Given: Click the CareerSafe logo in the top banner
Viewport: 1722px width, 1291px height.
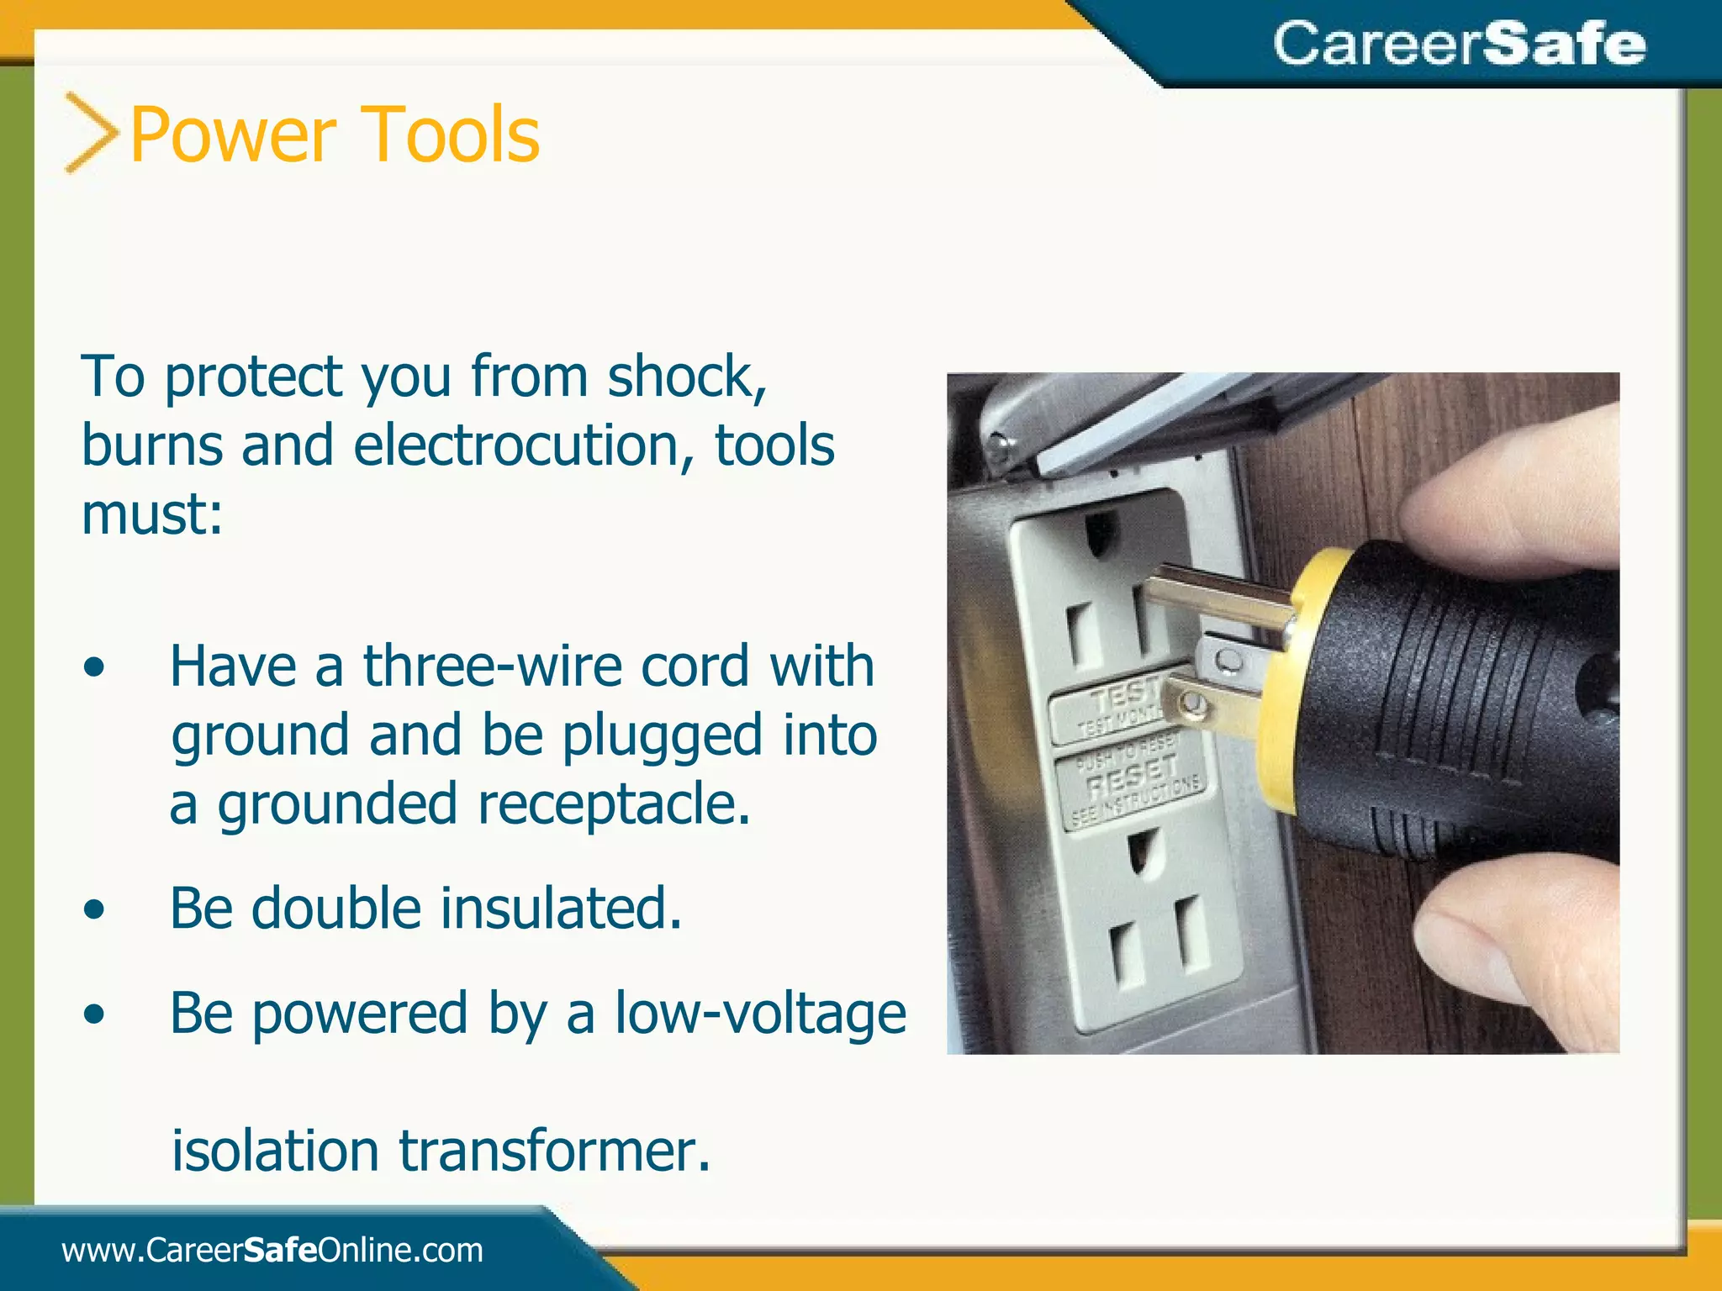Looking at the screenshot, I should pyautogui.click(x=1459, y=44).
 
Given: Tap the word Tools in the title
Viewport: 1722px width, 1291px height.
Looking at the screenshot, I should pyautogui.click(x=453, y=134).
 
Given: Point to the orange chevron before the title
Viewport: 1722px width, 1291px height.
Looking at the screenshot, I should pyautogui.click(x=91, y=133).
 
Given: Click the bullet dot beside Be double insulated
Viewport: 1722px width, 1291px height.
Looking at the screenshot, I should pyautogui.click(x=95, y=909).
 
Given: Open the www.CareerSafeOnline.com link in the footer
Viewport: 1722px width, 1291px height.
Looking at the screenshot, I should pyautogui.click(x=272, y=1251).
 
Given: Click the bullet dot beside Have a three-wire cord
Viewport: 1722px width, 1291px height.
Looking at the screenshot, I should pyautogui.click(x=95, y=667).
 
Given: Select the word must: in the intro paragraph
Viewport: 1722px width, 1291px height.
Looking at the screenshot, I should pyautogui.click(x=152, y=514).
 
